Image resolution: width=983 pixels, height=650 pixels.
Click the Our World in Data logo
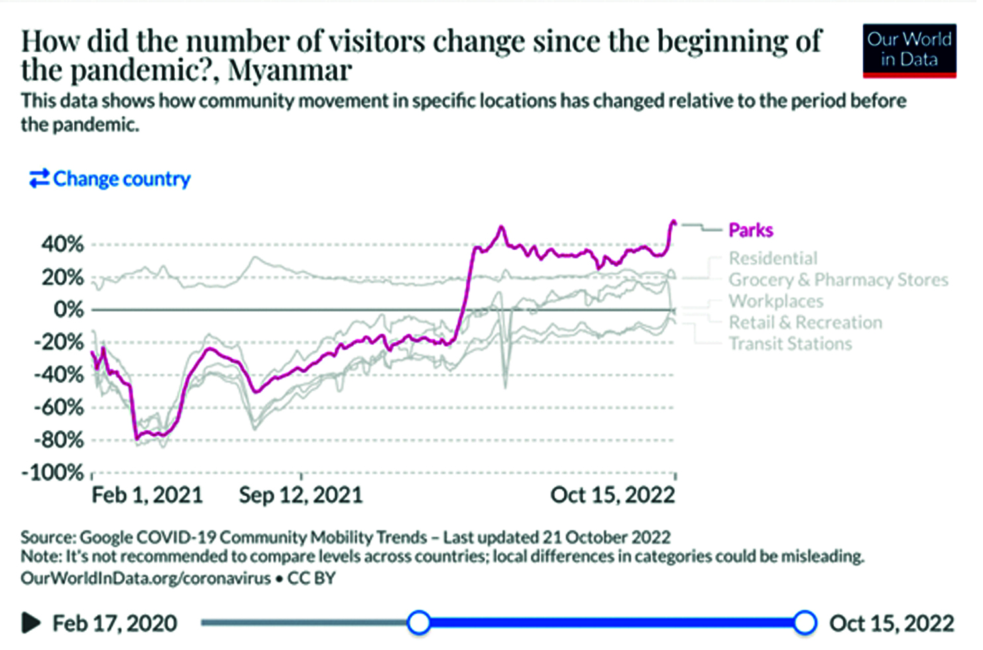pyautogui.click(x=909, y=50)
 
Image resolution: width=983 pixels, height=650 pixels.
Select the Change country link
pyautogui.click(x=110, y=179)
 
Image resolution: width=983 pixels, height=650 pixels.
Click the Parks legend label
pyautogui.click(x=751, y=230)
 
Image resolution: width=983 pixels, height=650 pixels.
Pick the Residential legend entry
pyautogui.click(x=773, y=258)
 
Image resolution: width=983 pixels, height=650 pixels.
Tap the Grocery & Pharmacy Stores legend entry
pyautogui.click(x=838, y=280)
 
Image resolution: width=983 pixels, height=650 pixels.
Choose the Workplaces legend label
pyautogui.click(x=776, y=301)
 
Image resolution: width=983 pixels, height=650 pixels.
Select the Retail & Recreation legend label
pyautogui.click(x=805, y=322)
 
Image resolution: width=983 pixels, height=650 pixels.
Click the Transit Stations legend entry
pyautogui.click(x=790, y=344)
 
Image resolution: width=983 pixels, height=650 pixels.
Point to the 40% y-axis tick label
pyautogui.click(x=63, y=244)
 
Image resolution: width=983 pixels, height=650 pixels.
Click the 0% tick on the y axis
pyautogui.click(x=69, y=309)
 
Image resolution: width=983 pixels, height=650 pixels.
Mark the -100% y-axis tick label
pyautogui.click(x=53, y=473)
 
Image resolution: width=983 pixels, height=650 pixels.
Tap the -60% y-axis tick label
pyautogui.click(x=59, y=407)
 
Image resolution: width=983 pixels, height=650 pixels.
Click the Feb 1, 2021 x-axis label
pyautogui.click(x=147, y=495)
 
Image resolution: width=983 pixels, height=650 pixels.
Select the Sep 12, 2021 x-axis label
pyautogui.click(x=301, y=495)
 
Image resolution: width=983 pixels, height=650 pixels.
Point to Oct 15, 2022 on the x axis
pyautogui.click(x=613, y=495)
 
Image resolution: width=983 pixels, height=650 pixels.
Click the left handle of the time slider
pyautogui.click(x=419, y=623)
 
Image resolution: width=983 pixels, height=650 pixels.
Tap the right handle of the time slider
pyautogui.click(x=804, y=623)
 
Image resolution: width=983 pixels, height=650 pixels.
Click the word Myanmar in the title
pyautogui.click(x=290, y=70)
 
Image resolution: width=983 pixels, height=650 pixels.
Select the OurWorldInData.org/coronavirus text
pyautogui.click(x=146, y=578)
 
